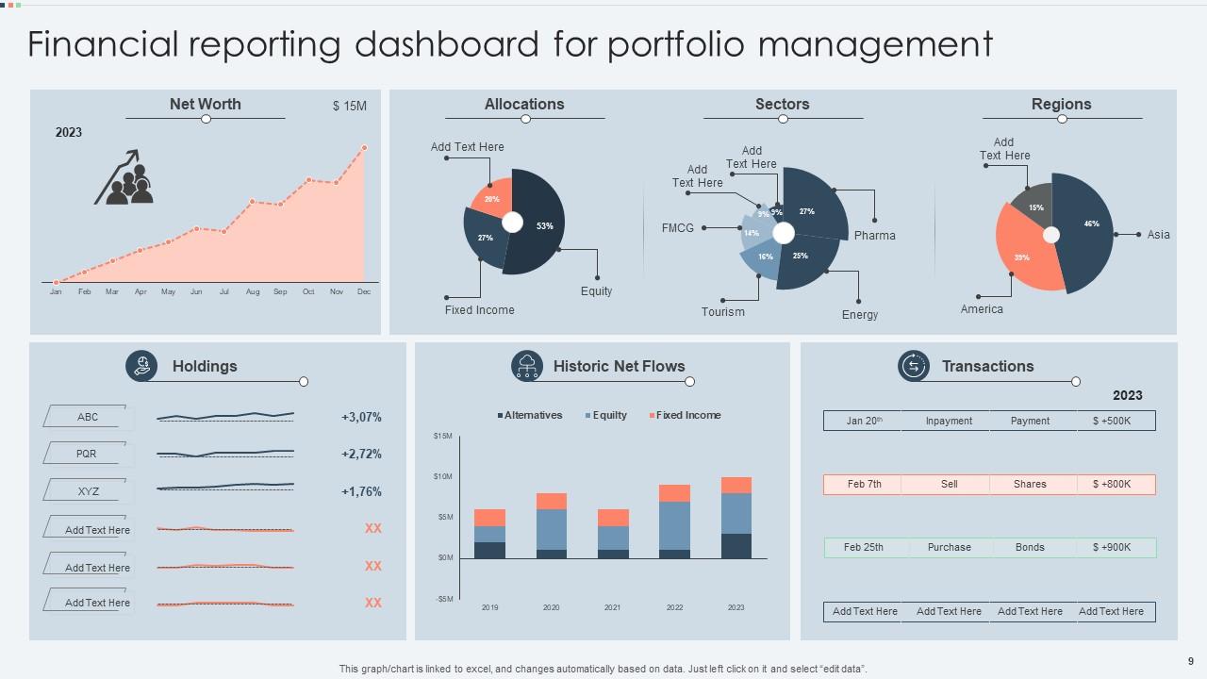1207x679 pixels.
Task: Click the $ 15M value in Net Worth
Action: pyautogui.click(x=349, y=107)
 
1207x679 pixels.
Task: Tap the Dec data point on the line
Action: pyautogui.click(x=364, y=147)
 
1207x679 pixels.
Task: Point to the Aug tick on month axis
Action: pyautogui.click(x=253, y=292)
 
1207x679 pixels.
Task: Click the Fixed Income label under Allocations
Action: pyautogui.click(x=479, y=310)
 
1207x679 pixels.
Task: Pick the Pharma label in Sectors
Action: pyautogui.click(x=874, y=236)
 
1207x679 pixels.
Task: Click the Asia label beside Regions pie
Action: pyautogui.click(x=1158, y=235)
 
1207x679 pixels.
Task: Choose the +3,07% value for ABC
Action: pyautogui.click(x=361, y=417)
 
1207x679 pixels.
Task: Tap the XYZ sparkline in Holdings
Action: pyautogui.click(x=225, y=487)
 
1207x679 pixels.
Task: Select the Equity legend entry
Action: pyautogui.click(x=605, y=415)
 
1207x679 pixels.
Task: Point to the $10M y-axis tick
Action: pyautogui.click(x=443, y=476)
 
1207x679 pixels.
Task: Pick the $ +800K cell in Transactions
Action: pyautogui.click(x=1112, y=484)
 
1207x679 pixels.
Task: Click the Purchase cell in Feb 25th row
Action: pyautogui.click(x=949, y=547)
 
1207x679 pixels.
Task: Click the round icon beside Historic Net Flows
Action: pyautogui.click(x=526, y=366)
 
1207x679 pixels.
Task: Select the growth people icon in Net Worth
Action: pyautogui.click(x=124, y=179)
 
